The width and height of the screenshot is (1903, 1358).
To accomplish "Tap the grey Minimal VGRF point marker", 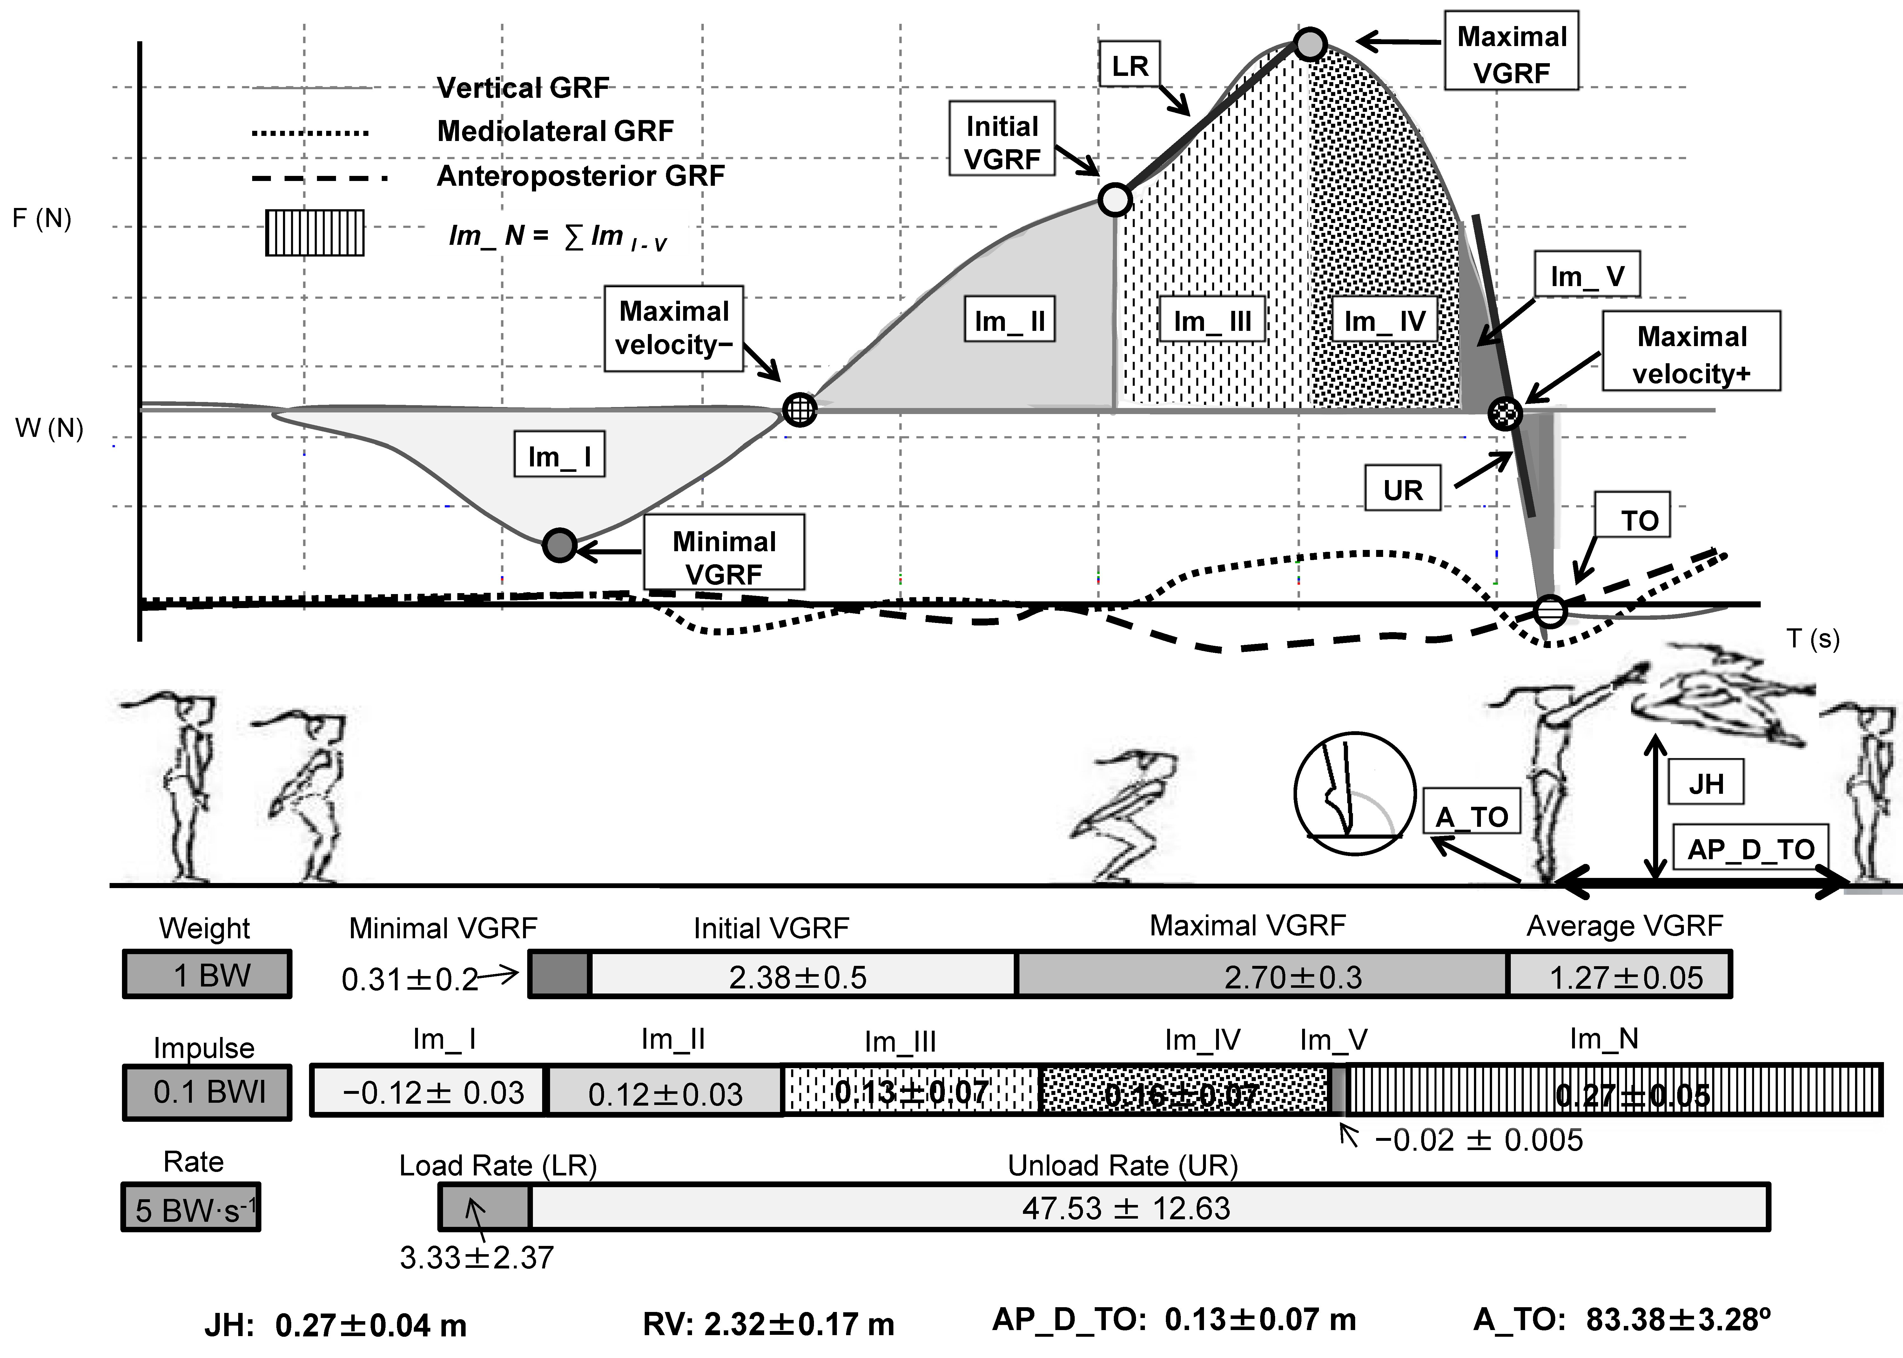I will pyautogui.click(x=560, y=545).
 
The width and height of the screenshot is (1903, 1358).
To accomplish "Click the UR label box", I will pyautogui.click(x=1402, y=489).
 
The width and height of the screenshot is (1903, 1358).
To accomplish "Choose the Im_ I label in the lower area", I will pyautogui.click(x=559, y=456).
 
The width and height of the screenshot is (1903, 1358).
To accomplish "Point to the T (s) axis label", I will pyautogui.click(x=1813, y=639).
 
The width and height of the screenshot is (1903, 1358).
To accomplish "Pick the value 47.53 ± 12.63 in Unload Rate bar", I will pyautogui.click(x=1126, y=1207).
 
